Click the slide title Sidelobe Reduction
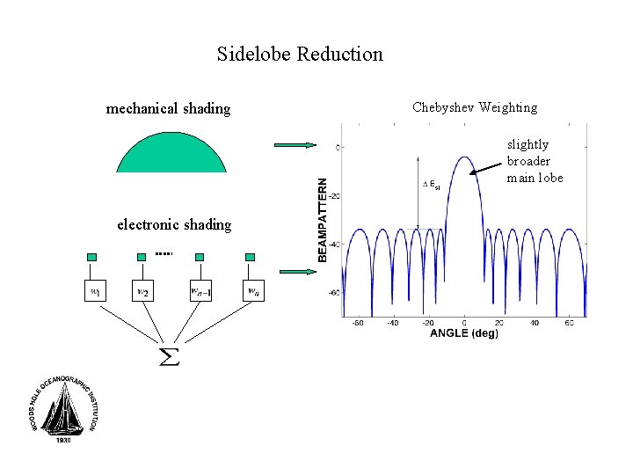click(x=300, y=55)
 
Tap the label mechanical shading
click(x=168, y=109)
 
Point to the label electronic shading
click(x=174, y=224)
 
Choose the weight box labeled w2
click(x=143, y=290)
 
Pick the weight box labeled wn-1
click(x=201, y=290)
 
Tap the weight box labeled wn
click(x=252, y=290)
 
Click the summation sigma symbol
click(x=167, y=356)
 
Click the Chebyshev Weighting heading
click(x=474, y=107)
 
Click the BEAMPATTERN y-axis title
click(x=323, y=220)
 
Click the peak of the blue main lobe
click(x=464, y=157)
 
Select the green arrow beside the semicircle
click(x=295, y=145)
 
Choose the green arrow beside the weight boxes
click(x=295, y=271)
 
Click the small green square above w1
click(x=91, y=257)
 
